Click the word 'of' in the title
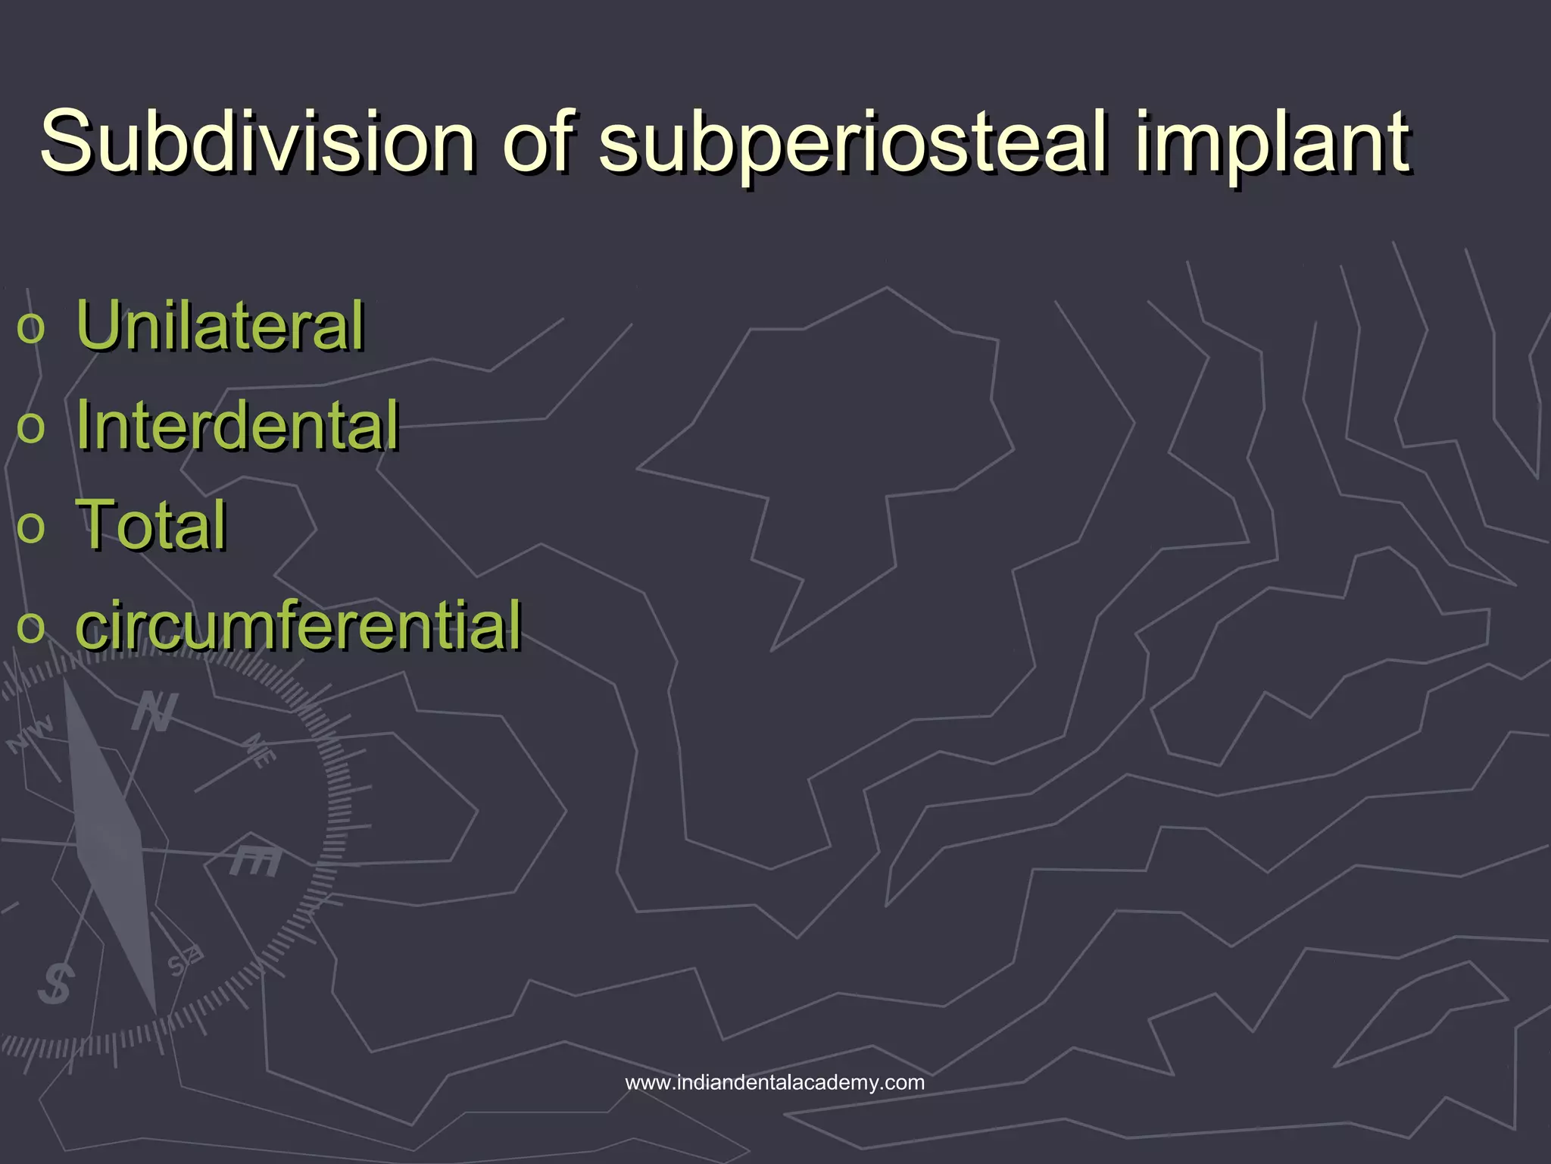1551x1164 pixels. (x=539, y=141)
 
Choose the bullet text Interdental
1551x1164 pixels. (x=237, y=425)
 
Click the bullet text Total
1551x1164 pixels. (x=151, y=524)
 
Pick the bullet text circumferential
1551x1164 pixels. (x=298, y=625)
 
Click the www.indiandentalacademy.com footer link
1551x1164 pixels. (x=775, y=1082)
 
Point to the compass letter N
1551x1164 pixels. (x=154, y=712)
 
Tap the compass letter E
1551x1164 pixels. (x=256, y=859)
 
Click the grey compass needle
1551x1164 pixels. (x=111, y=841)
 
